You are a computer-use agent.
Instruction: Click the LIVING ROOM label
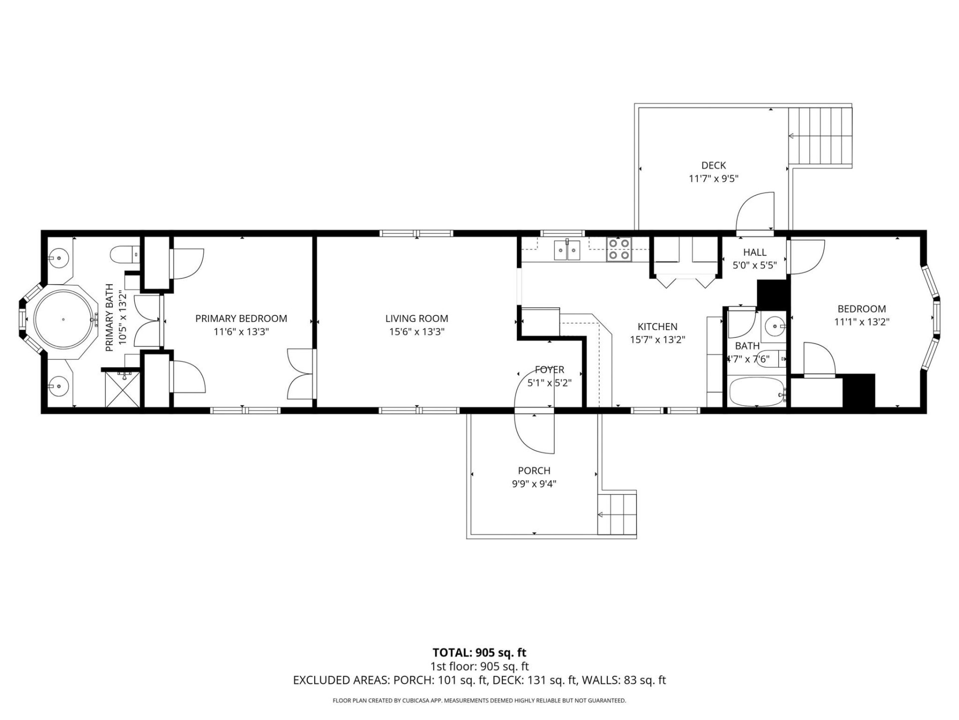coord(417,318)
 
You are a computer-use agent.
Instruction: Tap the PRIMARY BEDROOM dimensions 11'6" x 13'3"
coord(241,331)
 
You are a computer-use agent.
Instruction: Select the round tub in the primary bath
coord(63,319)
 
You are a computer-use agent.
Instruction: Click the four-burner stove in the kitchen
coord(619,249)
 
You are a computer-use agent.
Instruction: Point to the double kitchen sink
coord(567,250)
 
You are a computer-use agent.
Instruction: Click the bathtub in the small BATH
coord(756,393)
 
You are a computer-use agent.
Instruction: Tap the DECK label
coord(713,165)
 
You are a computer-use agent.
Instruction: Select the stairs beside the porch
coord(617,514)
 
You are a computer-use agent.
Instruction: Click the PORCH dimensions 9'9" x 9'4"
coord(533,484)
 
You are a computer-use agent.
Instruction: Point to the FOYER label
coord(549,370)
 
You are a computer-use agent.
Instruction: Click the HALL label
coord(754,252)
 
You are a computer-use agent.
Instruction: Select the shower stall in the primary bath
coord(122,389)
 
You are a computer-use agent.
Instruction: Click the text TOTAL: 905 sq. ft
coord(479,652)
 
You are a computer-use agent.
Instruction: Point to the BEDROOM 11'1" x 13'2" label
coord(862,315)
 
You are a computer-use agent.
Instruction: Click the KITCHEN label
coord(657,327)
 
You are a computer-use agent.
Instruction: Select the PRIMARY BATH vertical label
coord(115,318)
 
